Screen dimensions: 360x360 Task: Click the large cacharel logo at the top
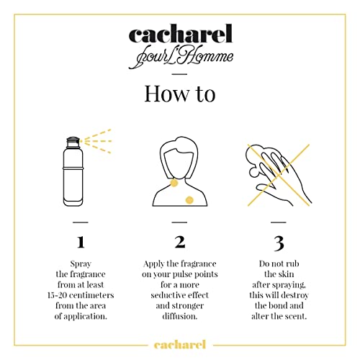point(180,35)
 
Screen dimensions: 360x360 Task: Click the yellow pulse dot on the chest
point(189,198)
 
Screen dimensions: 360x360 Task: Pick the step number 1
point(81,241)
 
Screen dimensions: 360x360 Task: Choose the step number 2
point(179,241)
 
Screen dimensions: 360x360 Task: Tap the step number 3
point(279,241)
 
